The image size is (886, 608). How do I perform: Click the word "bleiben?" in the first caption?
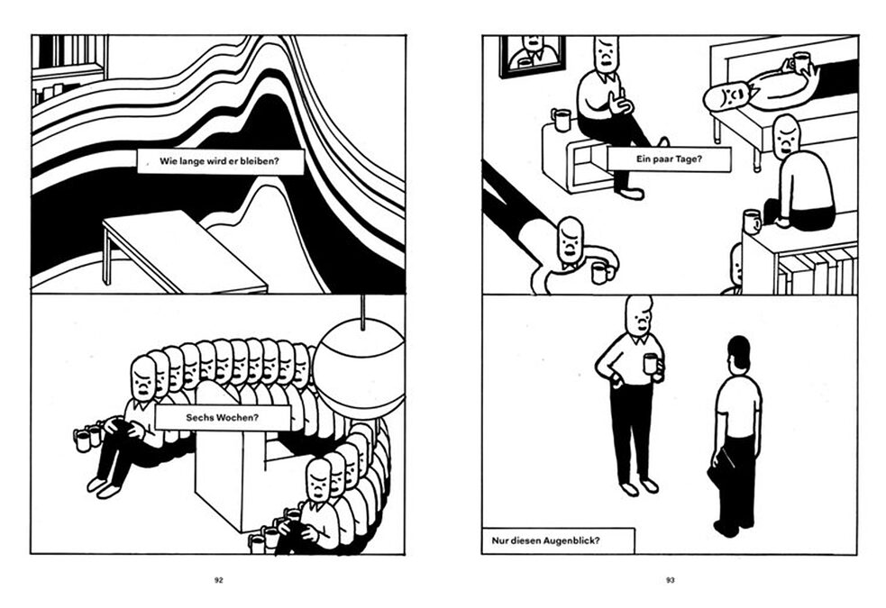point(260,161)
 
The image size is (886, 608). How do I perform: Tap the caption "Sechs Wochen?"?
point(222,418)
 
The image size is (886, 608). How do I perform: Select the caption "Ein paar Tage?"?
point(669,159)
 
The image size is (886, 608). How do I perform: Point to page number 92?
point(219,580)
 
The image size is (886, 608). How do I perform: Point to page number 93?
point(671,580)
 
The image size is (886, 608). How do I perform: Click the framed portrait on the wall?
point(532,55)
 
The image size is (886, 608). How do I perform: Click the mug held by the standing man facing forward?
point(651,364)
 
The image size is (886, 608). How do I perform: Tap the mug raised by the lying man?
point(801,62)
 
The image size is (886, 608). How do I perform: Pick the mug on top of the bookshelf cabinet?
point(752,222)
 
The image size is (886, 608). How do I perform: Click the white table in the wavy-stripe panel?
point(184,250)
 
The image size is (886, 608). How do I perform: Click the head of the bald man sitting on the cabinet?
point(787,136)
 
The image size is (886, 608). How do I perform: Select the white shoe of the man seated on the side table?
point(631,194)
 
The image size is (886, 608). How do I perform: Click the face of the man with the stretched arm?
point(571,241)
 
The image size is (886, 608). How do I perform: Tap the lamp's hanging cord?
point(362,312)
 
